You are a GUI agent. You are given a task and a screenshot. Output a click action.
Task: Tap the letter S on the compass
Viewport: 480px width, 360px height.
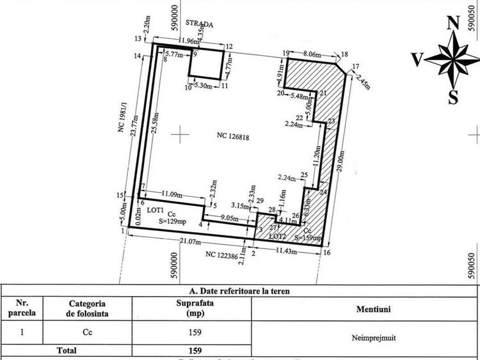tap(453, 97)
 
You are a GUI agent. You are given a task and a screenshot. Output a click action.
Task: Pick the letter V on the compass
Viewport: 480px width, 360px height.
tap(417, 60)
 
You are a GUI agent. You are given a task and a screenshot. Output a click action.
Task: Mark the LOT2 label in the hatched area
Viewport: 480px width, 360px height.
tap(276, 235)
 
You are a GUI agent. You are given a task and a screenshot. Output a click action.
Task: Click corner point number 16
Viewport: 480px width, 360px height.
tap(327, 253)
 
